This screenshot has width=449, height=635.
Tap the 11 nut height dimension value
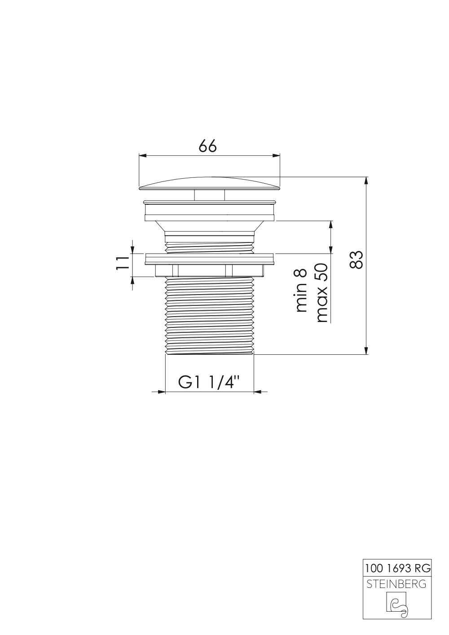122,262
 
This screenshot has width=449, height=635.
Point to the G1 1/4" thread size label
209,382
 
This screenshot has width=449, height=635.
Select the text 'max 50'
322,293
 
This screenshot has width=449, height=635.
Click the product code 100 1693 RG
397,569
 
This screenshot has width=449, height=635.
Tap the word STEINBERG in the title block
397,584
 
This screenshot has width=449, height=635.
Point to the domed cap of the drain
210,182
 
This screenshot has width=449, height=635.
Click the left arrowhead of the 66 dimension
143,156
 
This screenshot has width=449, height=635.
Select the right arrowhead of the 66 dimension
276,156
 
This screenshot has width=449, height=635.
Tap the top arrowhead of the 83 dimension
367,181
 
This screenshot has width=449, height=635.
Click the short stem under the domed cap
209,194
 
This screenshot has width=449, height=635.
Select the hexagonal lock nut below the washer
209,270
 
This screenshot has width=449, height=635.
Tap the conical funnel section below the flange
209,227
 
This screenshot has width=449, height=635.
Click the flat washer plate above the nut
209,259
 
